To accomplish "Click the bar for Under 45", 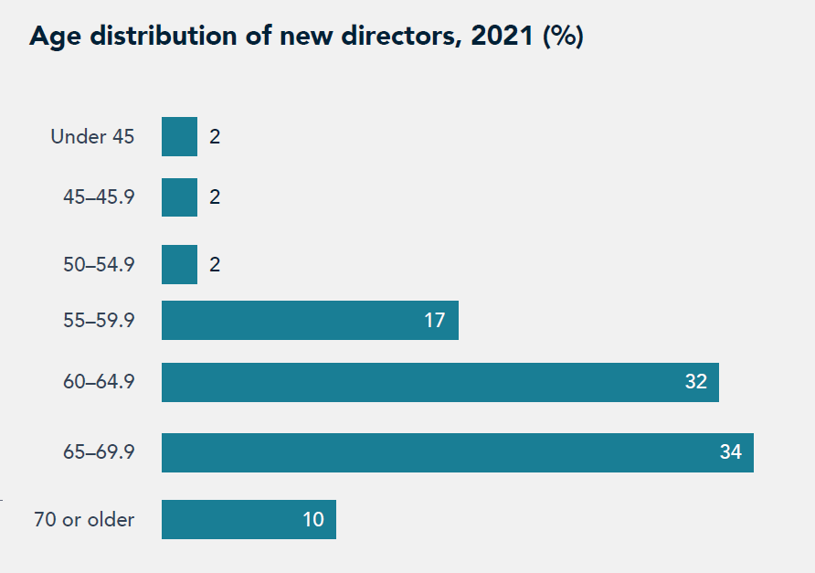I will coord(179,137).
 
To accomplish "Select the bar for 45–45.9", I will coord(179,197).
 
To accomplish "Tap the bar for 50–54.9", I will coord(179,265).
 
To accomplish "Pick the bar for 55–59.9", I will coord(310,321).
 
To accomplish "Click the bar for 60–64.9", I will coord(439,382).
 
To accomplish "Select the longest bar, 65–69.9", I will coord(457,452).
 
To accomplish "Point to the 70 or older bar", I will coord(249,519).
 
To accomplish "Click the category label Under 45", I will coord(92,137).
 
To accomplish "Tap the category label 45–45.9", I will coord(99,197).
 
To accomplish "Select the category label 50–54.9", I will coord(99,265).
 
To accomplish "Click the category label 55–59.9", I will coord(99,321).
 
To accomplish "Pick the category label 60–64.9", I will coord(99,382).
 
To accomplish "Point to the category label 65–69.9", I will coord(99,452).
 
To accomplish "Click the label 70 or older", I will coord(84,520).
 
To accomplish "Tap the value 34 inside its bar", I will coord(730,451).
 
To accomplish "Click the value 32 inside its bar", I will coord(696,382).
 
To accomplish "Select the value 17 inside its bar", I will coord(434,321).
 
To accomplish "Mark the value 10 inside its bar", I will coord(313,520).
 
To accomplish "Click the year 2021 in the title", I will coord(504,37).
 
